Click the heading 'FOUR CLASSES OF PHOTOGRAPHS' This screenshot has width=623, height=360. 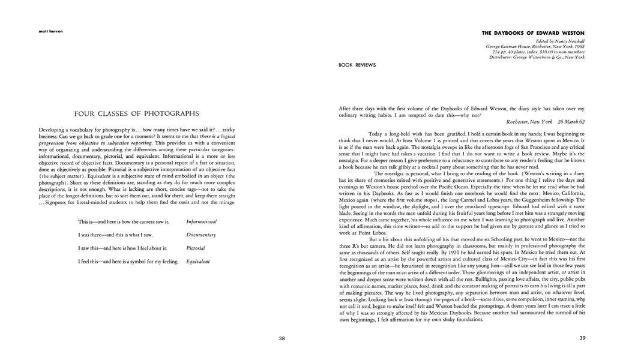[x=137, y=113]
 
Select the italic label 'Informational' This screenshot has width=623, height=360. [x=202, y=222]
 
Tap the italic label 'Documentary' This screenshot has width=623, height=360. [x=201, y=235]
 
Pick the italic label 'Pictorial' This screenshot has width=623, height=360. [x=196, y=248]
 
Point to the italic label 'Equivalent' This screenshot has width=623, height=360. [x=198, y=262]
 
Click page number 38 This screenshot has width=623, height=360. [x=282, y=338]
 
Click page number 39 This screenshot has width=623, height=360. [x=582, y=338]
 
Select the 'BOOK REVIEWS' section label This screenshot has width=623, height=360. [x=357, y=65]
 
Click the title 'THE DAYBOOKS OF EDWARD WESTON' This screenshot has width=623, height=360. [x=533, y=33]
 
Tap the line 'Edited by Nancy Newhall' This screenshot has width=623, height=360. [x=560, y=41]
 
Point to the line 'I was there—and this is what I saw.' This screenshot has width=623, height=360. [x=116, y=235]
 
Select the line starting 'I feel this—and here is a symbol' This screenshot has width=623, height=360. [x=128, y=262]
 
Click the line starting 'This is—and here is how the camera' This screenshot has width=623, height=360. [x=124, y=222]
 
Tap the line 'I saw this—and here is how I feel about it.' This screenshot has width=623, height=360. [x=122, y=248]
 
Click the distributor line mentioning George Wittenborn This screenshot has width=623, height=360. [x=537, y=57]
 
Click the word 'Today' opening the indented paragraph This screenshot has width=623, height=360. [x=375, y=134]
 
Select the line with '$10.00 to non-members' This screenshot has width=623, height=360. [x=538, y=52]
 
